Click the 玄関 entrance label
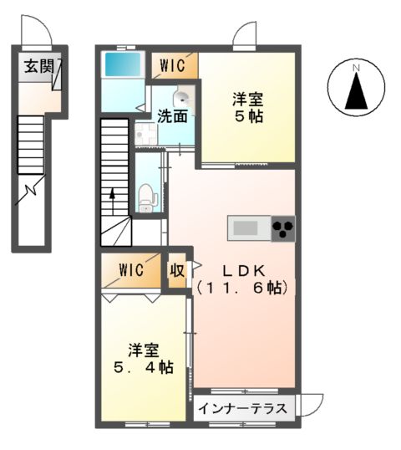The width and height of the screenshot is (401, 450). [34, 65]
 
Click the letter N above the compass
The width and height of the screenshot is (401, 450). [356, 68]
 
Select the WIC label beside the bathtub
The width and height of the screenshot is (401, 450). [173, 64]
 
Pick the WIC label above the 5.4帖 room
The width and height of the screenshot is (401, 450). [131, 270]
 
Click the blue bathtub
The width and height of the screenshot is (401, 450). [124, 64]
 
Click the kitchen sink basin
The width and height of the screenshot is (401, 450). [246, 228]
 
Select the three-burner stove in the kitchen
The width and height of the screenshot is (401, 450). [282, 228]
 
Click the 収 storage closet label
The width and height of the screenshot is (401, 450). [177, 270]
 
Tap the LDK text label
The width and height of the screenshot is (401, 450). [242, 270]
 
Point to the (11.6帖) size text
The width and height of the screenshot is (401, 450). [242, 288]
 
